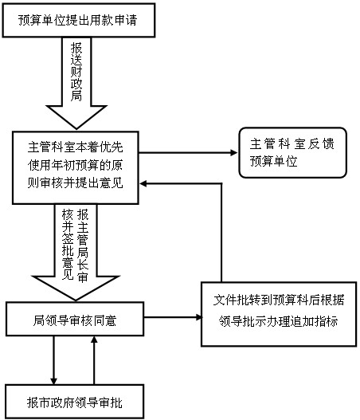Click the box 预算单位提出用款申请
(x=79, y=21)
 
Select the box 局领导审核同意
(x=75, y=319)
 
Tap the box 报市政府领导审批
(x=75, y=402)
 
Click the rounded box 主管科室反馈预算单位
(x=292, y=153)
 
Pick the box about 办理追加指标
(x=279, y=314)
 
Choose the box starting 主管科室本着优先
(x=75, y=167)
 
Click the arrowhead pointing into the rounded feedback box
(x=234, y=153)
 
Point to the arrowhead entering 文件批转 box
(x=198, y=317)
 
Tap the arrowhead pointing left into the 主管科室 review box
(x=143, y=184)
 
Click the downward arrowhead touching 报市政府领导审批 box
(x=54, y=381)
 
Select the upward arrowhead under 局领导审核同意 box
(x=94, y=340)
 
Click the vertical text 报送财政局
(x=76, y=72)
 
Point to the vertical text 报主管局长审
(x=83, y=245)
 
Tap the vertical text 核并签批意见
(x=68, y=245)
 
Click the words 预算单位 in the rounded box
(x=273, y=161)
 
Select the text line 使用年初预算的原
(x=75, y=165)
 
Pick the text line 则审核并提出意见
(x=75, y=183)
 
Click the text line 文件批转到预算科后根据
(x=279, y=300)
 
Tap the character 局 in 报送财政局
(x=76, y=96)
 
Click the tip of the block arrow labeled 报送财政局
(x=76, y=129)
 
